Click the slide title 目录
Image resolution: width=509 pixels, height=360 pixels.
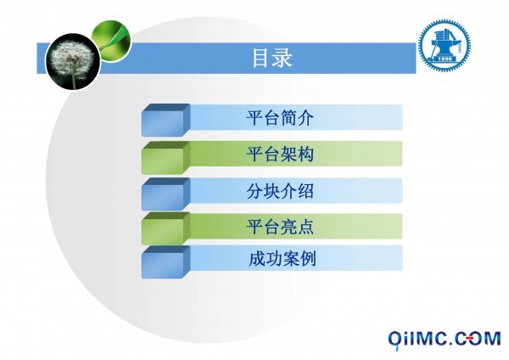point(272,58)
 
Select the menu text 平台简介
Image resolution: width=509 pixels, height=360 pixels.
point(280,118)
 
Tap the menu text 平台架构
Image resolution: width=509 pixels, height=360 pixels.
point(280,154)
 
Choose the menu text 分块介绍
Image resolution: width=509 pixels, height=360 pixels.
point(280,191)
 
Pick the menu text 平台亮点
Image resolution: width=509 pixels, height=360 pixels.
point(280,226)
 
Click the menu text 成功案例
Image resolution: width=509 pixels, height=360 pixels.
point(282,259)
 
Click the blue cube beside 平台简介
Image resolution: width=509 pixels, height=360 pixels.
point(165,121)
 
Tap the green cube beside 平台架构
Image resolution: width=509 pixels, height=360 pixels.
point(165,158)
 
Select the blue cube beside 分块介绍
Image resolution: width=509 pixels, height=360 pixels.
point(165,194)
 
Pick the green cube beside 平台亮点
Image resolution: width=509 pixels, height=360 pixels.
point(165,228)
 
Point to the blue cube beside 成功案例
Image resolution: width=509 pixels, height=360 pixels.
point(165,262)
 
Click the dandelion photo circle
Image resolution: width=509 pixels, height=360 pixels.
point(73,62)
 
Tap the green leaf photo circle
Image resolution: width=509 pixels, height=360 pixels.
point(111,40)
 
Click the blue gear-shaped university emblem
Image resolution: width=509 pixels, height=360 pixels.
point(445,45)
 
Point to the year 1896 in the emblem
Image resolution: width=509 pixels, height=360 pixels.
point(445,59)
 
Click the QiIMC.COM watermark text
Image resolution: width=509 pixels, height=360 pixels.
point(445,339)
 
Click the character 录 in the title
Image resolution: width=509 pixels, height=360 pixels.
point(283,58)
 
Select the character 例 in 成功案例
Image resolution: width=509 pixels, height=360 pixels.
point(308,259)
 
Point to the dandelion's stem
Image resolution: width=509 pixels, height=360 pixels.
point(74,81)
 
